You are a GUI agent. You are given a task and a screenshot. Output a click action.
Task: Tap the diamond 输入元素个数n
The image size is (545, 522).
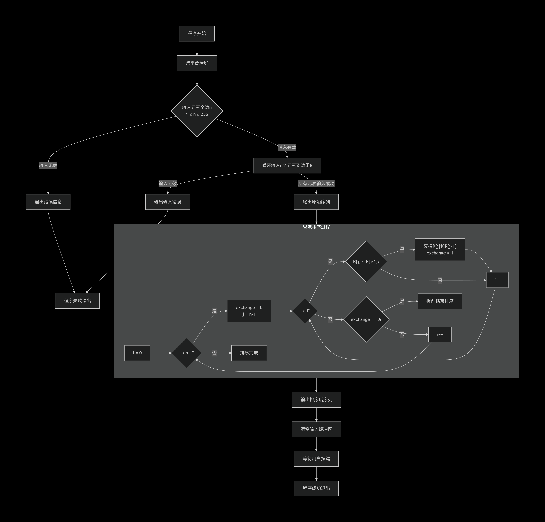(x=197, y=111)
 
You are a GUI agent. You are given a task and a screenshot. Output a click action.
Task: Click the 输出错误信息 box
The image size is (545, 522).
(x=48, y=202)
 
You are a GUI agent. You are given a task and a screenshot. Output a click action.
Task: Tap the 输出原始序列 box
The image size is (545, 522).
(x=316, y=202)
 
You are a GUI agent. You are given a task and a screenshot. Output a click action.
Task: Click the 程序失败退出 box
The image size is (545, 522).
(x=77, y=301)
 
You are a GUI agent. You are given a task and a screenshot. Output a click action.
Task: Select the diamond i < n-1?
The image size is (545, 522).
(x=187, y=353)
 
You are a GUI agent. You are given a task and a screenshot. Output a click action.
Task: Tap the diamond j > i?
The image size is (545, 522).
(x=305, y=311)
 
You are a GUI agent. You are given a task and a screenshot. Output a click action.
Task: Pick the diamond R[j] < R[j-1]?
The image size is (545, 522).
(x=366, y=262)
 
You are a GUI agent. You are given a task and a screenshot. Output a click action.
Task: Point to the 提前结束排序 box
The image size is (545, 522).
(x=440, y=301)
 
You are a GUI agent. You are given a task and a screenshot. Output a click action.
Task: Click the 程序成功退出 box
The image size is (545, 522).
(x=316, y=488)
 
